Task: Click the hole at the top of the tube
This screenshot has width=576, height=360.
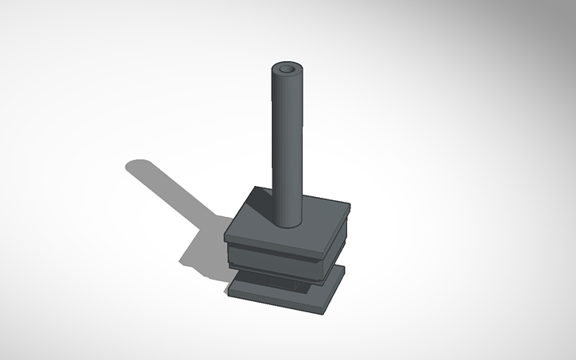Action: [288, 71]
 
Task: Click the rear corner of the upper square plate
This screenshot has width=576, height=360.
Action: [255, 188]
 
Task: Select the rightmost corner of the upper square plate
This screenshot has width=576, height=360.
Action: [350, 207]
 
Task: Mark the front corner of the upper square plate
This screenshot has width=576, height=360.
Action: [325, 251]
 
